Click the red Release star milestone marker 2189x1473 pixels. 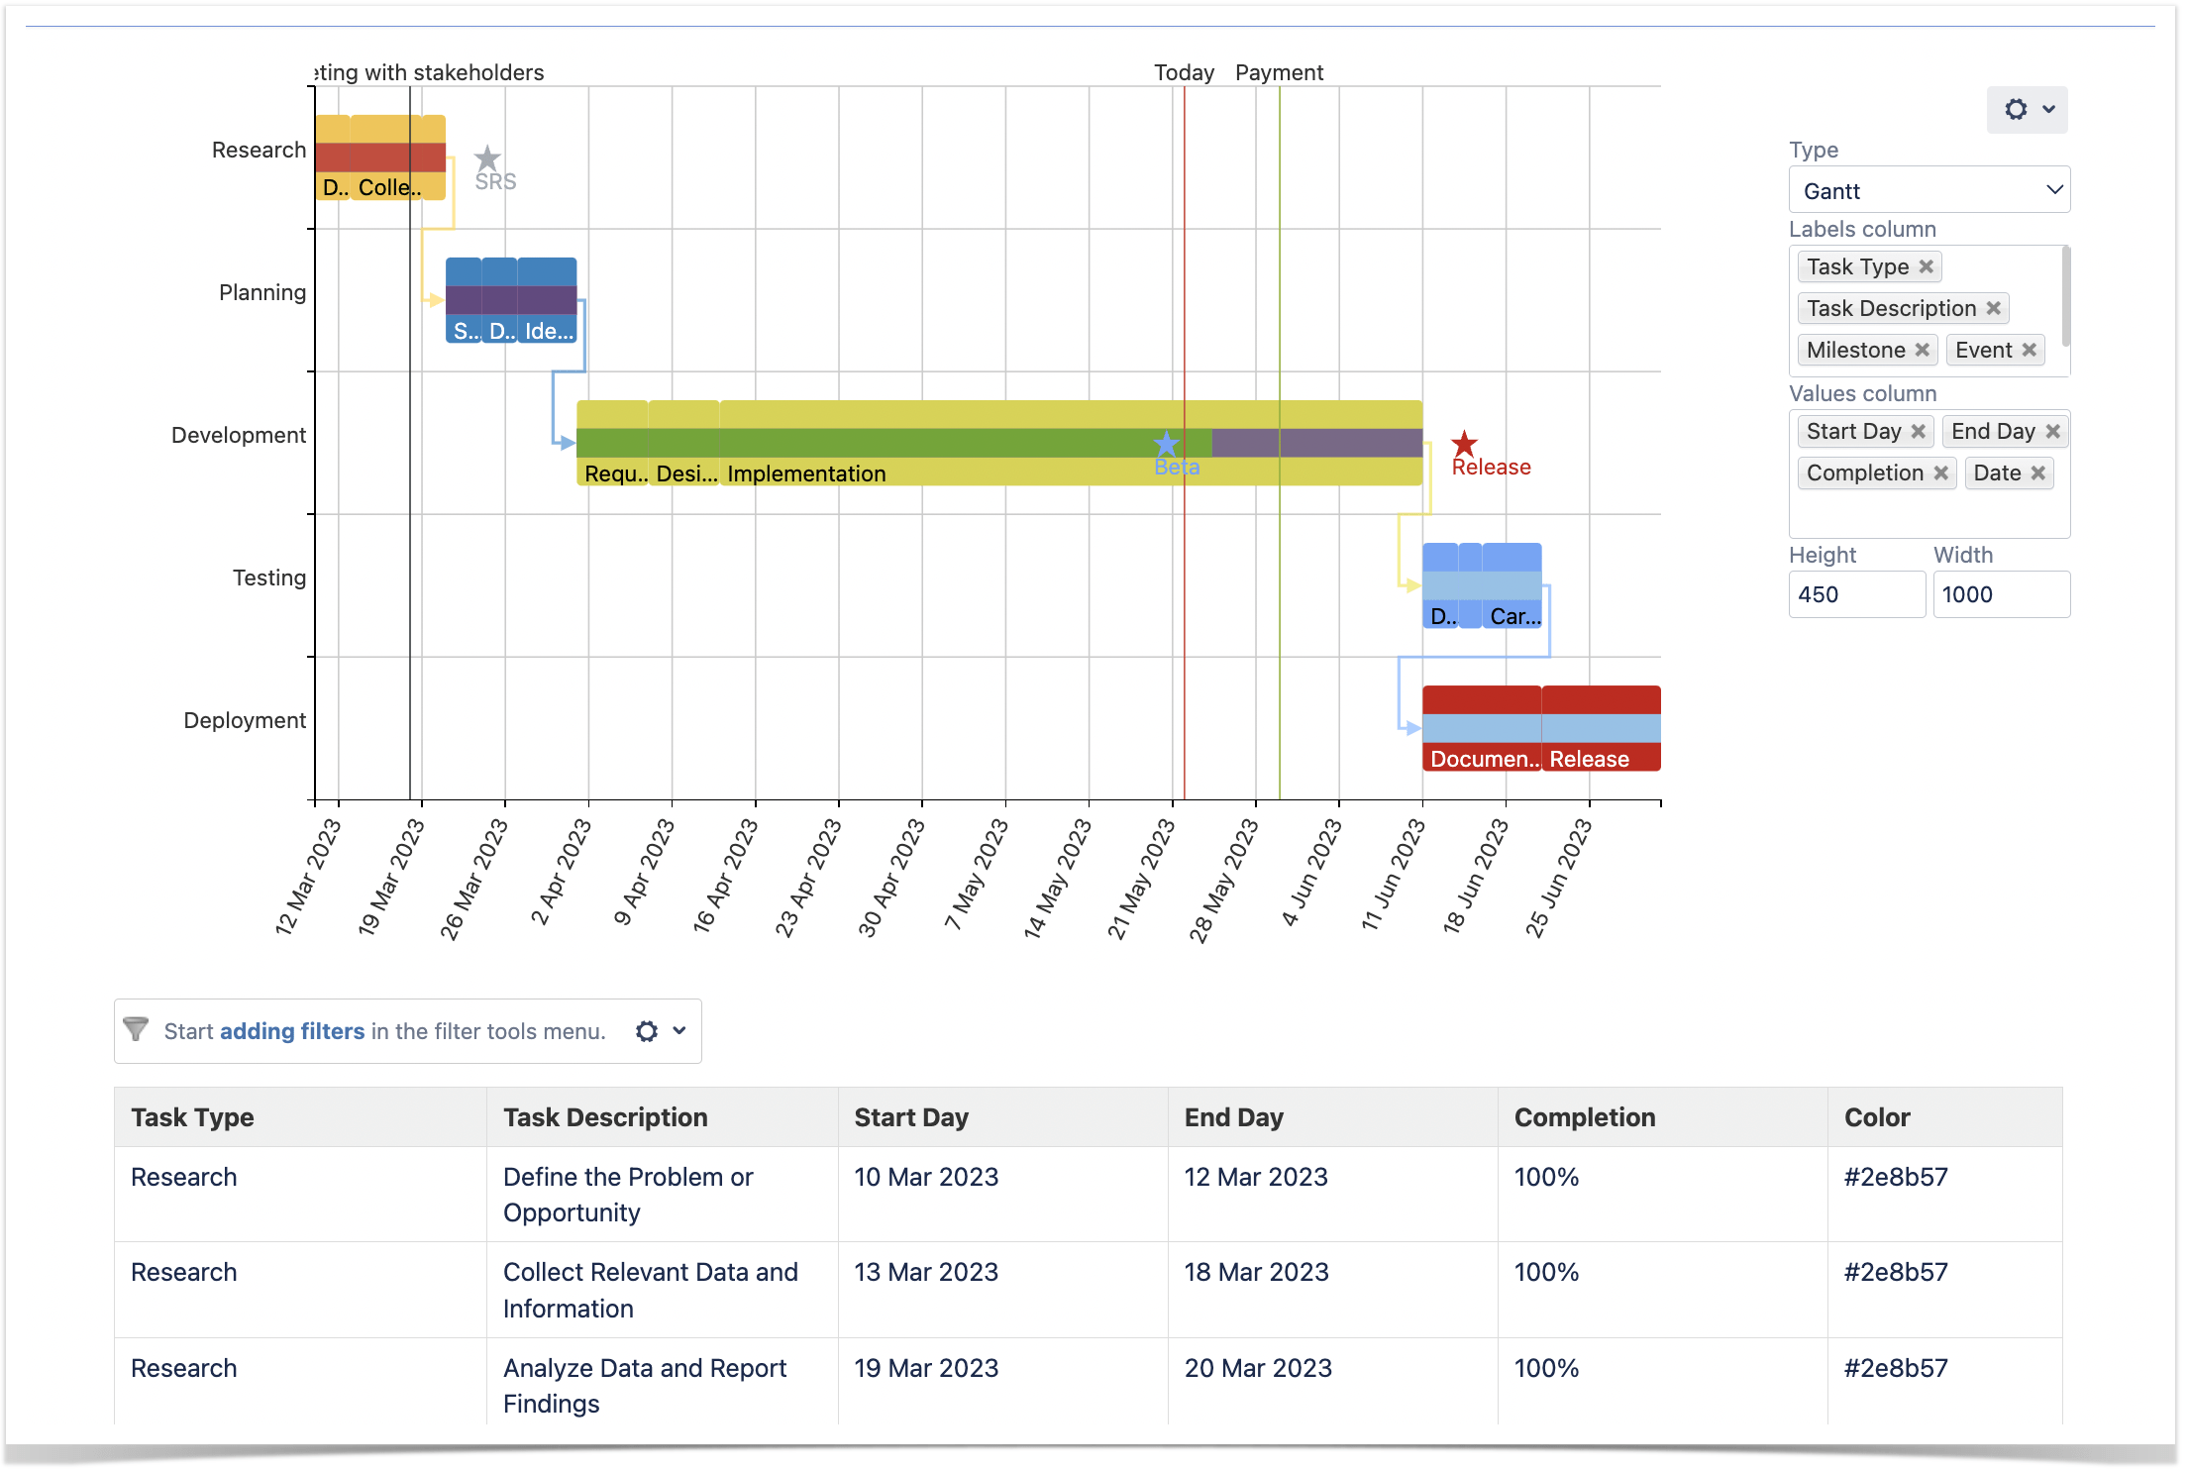[x=1464, y=444]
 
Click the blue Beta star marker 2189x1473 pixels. [x=1167, y=444]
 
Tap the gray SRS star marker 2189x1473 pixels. [x=487, y=158]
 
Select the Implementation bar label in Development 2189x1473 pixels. [x=806, y=473]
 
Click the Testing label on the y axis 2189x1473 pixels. [x=268, y=578]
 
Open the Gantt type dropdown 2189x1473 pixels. [x=1928, y=190]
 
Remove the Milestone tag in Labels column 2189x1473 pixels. [x=1922, y=350]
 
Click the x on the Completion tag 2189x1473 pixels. [x=1941, y=473]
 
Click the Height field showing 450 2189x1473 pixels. [x=1855, y=594]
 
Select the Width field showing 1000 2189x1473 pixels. [x=2000, y=594]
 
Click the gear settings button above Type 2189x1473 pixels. [x=2026, y=109]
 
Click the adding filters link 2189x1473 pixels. [x=292, y=1031]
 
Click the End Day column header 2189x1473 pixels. [x=1233, y=1117]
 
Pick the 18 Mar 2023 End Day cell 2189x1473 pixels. [x=1256, y=1272]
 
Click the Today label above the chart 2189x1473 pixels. [x=1184, y=72]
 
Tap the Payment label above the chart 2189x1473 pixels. [x=1279, y=72]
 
